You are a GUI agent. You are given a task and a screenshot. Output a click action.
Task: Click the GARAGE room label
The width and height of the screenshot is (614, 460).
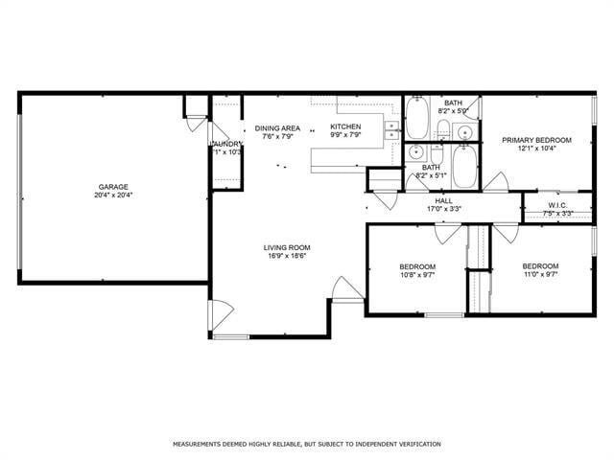pos(113,187)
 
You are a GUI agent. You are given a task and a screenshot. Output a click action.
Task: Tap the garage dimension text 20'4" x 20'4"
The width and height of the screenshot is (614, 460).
pos(113,195)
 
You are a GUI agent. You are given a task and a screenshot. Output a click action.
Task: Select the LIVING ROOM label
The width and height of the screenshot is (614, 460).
pos(287,247)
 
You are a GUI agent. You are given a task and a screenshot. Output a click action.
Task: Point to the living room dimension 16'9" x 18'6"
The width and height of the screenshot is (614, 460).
pos(287,257)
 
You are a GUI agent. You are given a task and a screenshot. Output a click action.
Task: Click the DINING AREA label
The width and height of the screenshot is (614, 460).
pos(277,127)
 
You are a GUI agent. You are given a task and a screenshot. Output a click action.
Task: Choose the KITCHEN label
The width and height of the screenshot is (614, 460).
pos(345,126)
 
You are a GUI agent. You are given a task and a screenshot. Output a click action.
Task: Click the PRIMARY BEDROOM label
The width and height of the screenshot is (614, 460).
pos(536,140)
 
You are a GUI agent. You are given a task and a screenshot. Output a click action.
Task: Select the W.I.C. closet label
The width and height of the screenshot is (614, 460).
pos(557,205)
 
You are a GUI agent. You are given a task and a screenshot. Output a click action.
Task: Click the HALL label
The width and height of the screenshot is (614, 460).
pos(443,200)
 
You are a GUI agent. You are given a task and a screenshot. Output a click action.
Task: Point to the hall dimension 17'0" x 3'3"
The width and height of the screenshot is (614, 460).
pos(443,209)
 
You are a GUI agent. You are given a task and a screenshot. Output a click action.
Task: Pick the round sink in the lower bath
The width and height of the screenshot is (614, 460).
pos(415,151)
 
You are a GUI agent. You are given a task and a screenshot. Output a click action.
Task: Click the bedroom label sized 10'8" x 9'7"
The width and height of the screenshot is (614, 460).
pos(417,266)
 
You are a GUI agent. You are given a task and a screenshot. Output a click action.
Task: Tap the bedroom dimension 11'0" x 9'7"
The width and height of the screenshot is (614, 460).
pos(540,274)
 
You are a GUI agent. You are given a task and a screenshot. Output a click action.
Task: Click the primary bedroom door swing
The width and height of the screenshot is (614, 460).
pos(496,181)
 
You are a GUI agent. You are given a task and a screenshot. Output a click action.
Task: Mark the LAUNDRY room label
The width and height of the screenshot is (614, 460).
pos(226,144)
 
